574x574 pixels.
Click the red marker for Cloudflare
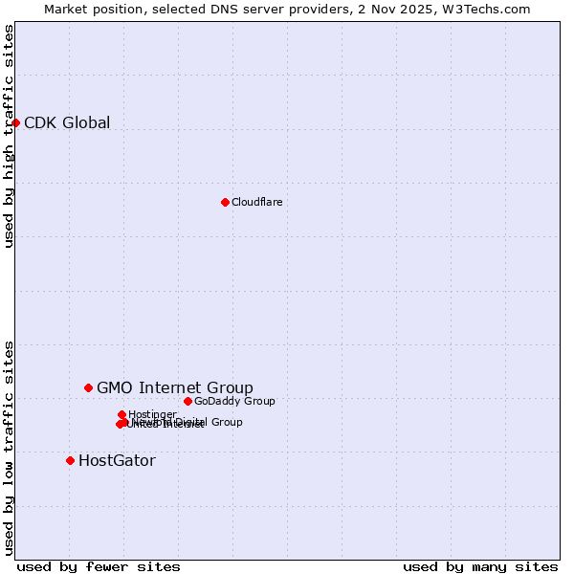[x=225, y=202]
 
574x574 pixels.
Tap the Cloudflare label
[x=256, y=202]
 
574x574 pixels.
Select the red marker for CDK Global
[x=15, y=122]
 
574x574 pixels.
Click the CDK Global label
[x=67, y=122]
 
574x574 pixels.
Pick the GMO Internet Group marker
[x=88, y=387]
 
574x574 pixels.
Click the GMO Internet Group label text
[x=175, y=387]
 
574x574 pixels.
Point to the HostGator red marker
[x=70, y=460]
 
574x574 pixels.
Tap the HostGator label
[x=117, y=460]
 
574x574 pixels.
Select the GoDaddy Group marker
[x=188, y=401]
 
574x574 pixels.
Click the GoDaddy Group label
[x=234, y=401]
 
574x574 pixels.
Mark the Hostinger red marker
[x=121, y=414]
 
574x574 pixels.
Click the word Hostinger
[x=152, y=414]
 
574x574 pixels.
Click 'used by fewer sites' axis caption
[x=99, y=566]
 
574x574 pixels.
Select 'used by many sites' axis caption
[x=480, y=566]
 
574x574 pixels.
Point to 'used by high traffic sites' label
[x=9, y=136]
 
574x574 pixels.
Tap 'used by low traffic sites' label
[x=9, y=447]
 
